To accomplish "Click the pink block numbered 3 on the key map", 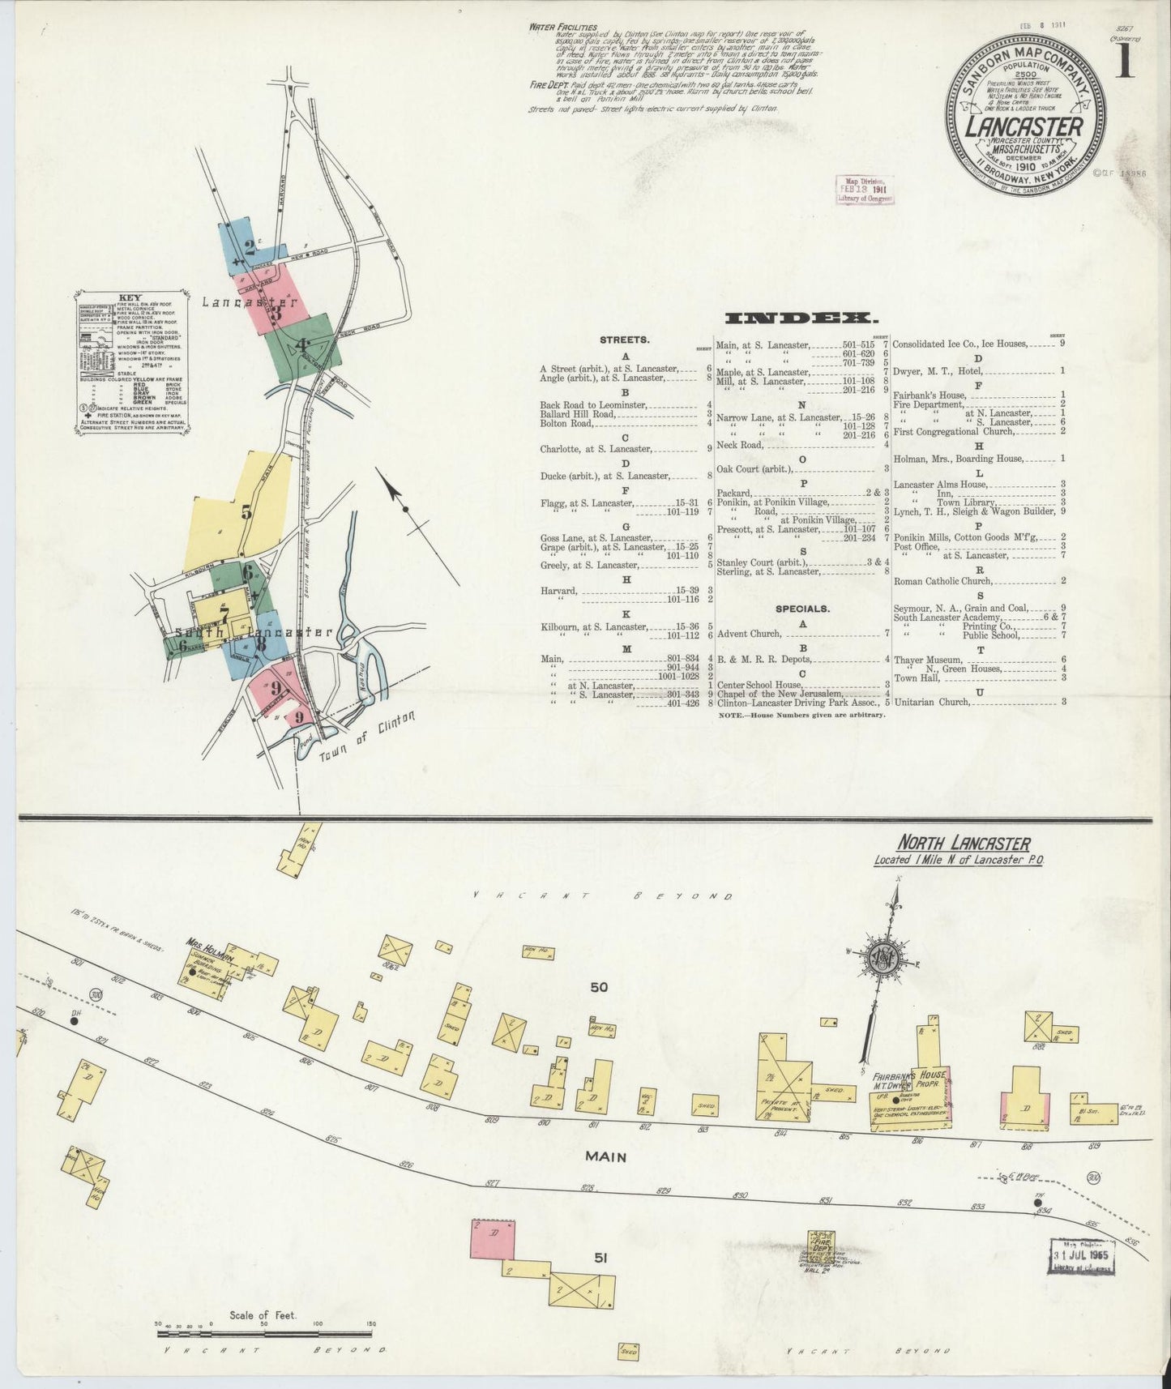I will point(276,308).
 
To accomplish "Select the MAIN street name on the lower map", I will point(606,1156).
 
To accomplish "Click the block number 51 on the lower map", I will point(600,1259).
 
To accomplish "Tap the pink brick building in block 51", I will point(492,1239).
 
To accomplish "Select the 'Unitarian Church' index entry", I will point(932,702).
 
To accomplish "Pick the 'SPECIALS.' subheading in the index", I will point(802,608).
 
